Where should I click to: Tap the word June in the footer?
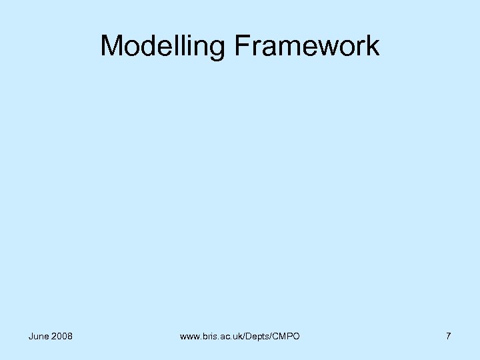coord(39,336)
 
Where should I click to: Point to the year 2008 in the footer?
coord(62,336)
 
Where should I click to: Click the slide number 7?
coord(449,336)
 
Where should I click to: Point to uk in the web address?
coord(239,337)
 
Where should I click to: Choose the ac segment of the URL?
coord(227,337)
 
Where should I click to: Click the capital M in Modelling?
coord(111,47)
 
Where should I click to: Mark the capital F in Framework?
coord(241,47)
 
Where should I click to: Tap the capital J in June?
coord(31,336)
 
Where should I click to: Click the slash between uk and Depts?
coord(245,337)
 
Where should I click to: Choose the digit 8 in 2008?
coord(70,336)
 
